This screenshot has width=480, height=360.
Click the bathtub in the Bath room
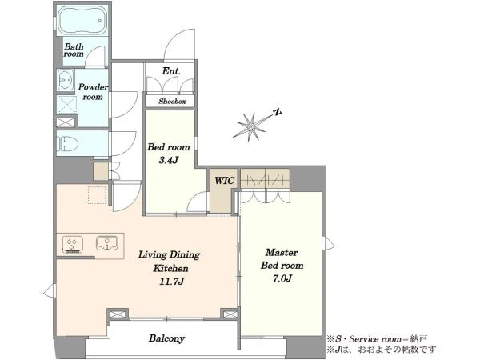(x=82, y=21)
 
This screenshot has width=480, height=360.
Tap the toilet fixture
(x=67, y=144)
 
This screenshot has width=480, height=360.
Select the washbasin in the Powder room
(x=66, y=80)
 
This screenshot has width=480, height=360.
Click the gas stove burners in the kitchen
(x=73, y=244)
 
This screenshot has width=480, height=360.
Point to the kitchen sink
(x=107, y=243)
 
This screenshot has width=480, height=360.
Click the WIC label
(x=224, y=181)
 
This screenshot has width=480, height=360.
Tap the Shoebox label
(x=172, y=102)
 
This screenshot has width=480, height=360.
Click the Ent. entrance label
(x=171, y=71)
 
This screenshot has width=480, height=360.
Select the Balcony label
(x=167, y=338)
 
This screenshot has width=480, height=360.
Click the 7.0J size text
(x=282, y=278)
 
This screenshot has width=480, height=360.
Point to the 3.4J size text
(x=168, y=160)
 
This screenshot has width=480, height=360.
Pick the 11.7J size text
(x=171, y=282)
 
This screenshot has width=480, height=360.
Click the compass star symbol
(x=250, y=126)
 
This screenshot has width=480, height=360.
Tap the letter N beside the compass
(x=278, y=112)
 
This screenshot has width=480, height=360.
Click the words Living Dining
(x=170, y=254)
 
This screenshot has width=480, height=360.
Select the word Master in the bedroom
(x=282, y=253)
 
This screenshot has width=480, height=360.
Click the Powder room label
(x=93, y=92)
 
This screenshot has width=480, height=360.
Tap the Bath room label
(x=74, y=50)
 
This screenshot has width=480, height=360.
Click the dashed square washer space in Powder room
(x=66, y=104)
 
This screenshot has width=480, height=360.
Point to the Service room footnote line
(x=377, y=339)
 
